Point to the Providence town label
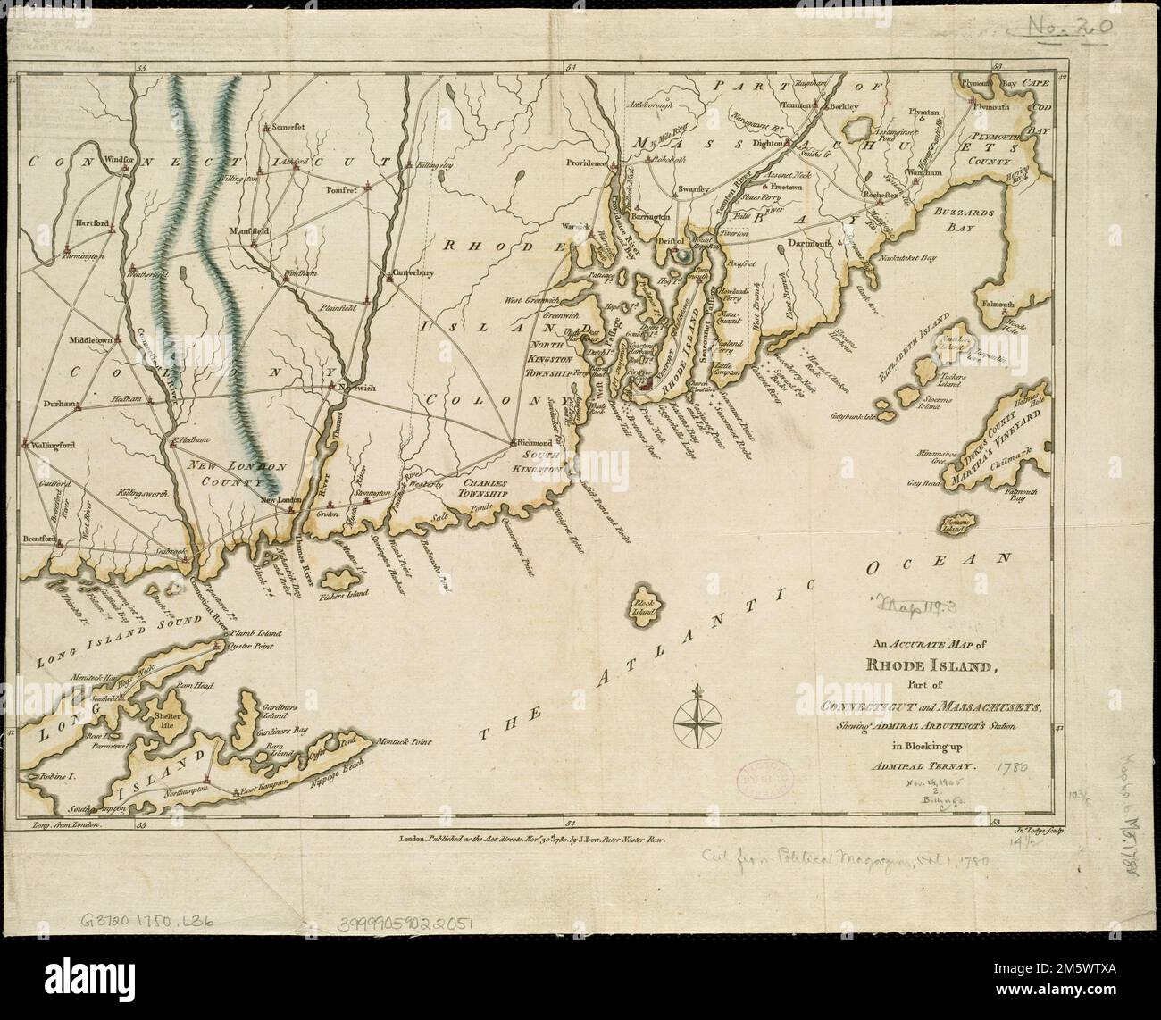pyautogui.click(x=585, y=163)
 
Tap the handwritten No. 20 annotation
pyautogui.click(x=1069, y=27)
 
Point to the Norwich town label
pyautogui.click(x=355, y=387)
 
